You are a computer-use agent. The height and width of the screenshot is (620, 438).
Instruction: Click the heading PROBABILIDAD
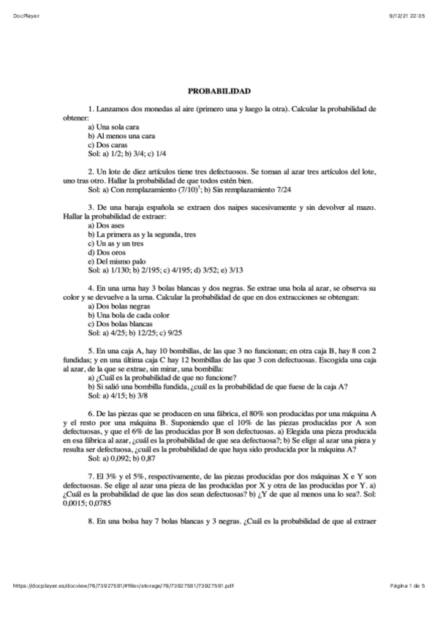click(x=219, y=91)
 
